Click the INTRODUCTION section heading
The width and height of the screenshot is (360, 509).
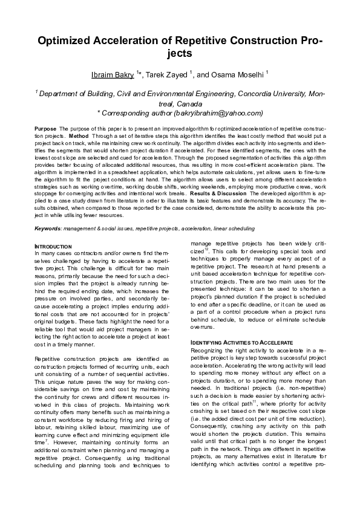point(53,247)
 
